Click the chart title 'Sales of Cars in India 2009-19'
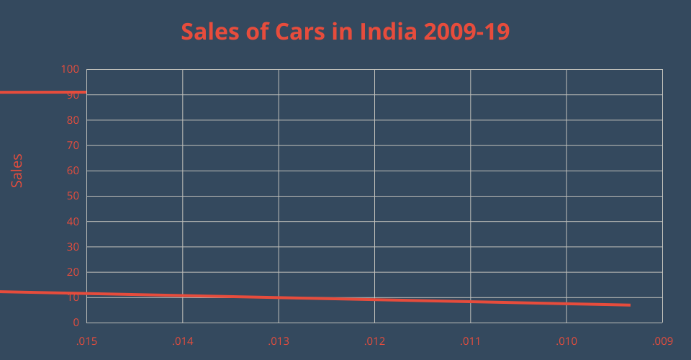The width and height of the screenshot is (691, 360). click(345, 32)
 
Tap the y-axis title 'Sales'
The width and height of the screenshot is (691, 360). click(17, 171)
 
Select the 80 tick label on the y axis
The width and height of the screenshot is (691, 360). click(73, 120)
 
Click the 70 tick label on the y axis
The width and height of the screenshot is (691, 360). click(73, 145)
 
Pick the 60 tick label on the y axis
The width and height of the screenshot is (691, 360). click(73, 171)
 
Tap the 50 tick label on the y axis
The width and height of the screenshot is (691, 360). click(73, 196)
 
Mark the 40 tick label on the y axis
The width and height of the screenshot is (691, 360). click(73, 222)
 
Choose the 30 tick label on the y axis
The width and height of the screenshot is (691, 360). click(73, 247)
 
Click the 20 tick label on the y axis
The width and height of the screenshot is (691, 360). click(73, 272)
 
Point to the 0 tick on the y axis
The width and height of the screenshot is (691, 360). click(76, 323)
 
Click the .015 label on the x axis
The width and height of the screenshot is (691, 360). click(86, 341)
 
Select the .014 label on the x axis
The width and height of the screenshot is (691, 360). click(182, 341)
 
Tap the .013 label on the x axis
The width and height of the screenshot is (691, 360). click(279, 341)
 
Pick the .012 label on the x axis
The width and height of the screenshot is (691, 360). click(374, 341)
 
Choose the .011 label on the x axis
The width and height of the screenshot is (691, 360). click(470, 341)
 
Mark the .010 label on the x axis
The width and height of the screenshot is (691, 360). click(566, 341)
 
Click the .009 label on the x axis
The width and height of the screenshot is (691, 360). click(662, 341)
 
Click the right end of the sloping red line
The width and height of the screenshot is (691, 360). click(630, 305)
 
